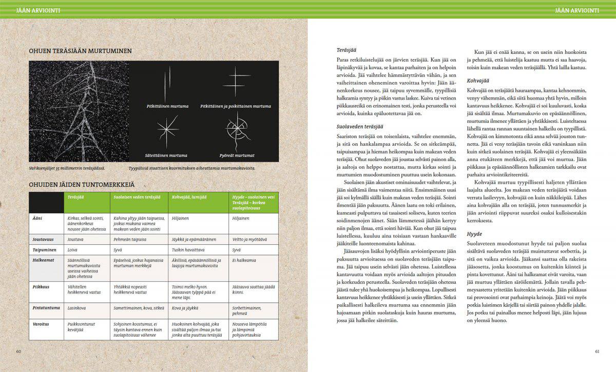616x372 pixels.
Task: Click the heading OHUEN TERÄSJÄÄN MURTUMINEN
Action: click(x=81, y=51)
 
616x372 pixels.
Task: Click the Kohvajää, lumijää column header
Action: click(x=191, y=197)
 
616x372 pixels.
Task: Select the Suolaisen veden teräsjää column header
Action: click(x=137, y=197)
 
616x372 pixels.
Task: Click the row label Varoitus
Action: click(x=41, y=324)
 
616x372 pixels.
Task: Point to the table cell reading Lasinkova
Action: click(x=77, y=309)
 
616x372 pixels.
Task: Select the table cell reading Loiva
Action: click(x=72, y=249)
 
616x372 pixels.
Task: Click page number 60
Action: click(x=18, y=351)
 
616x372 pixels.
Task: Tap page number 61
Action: click(x=597, y=351)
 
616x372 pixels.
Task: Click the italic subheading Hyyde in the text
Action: click(x=474, y=234)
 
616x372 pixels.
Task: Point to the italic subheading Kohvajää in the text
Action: click(x=478, y=81)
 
